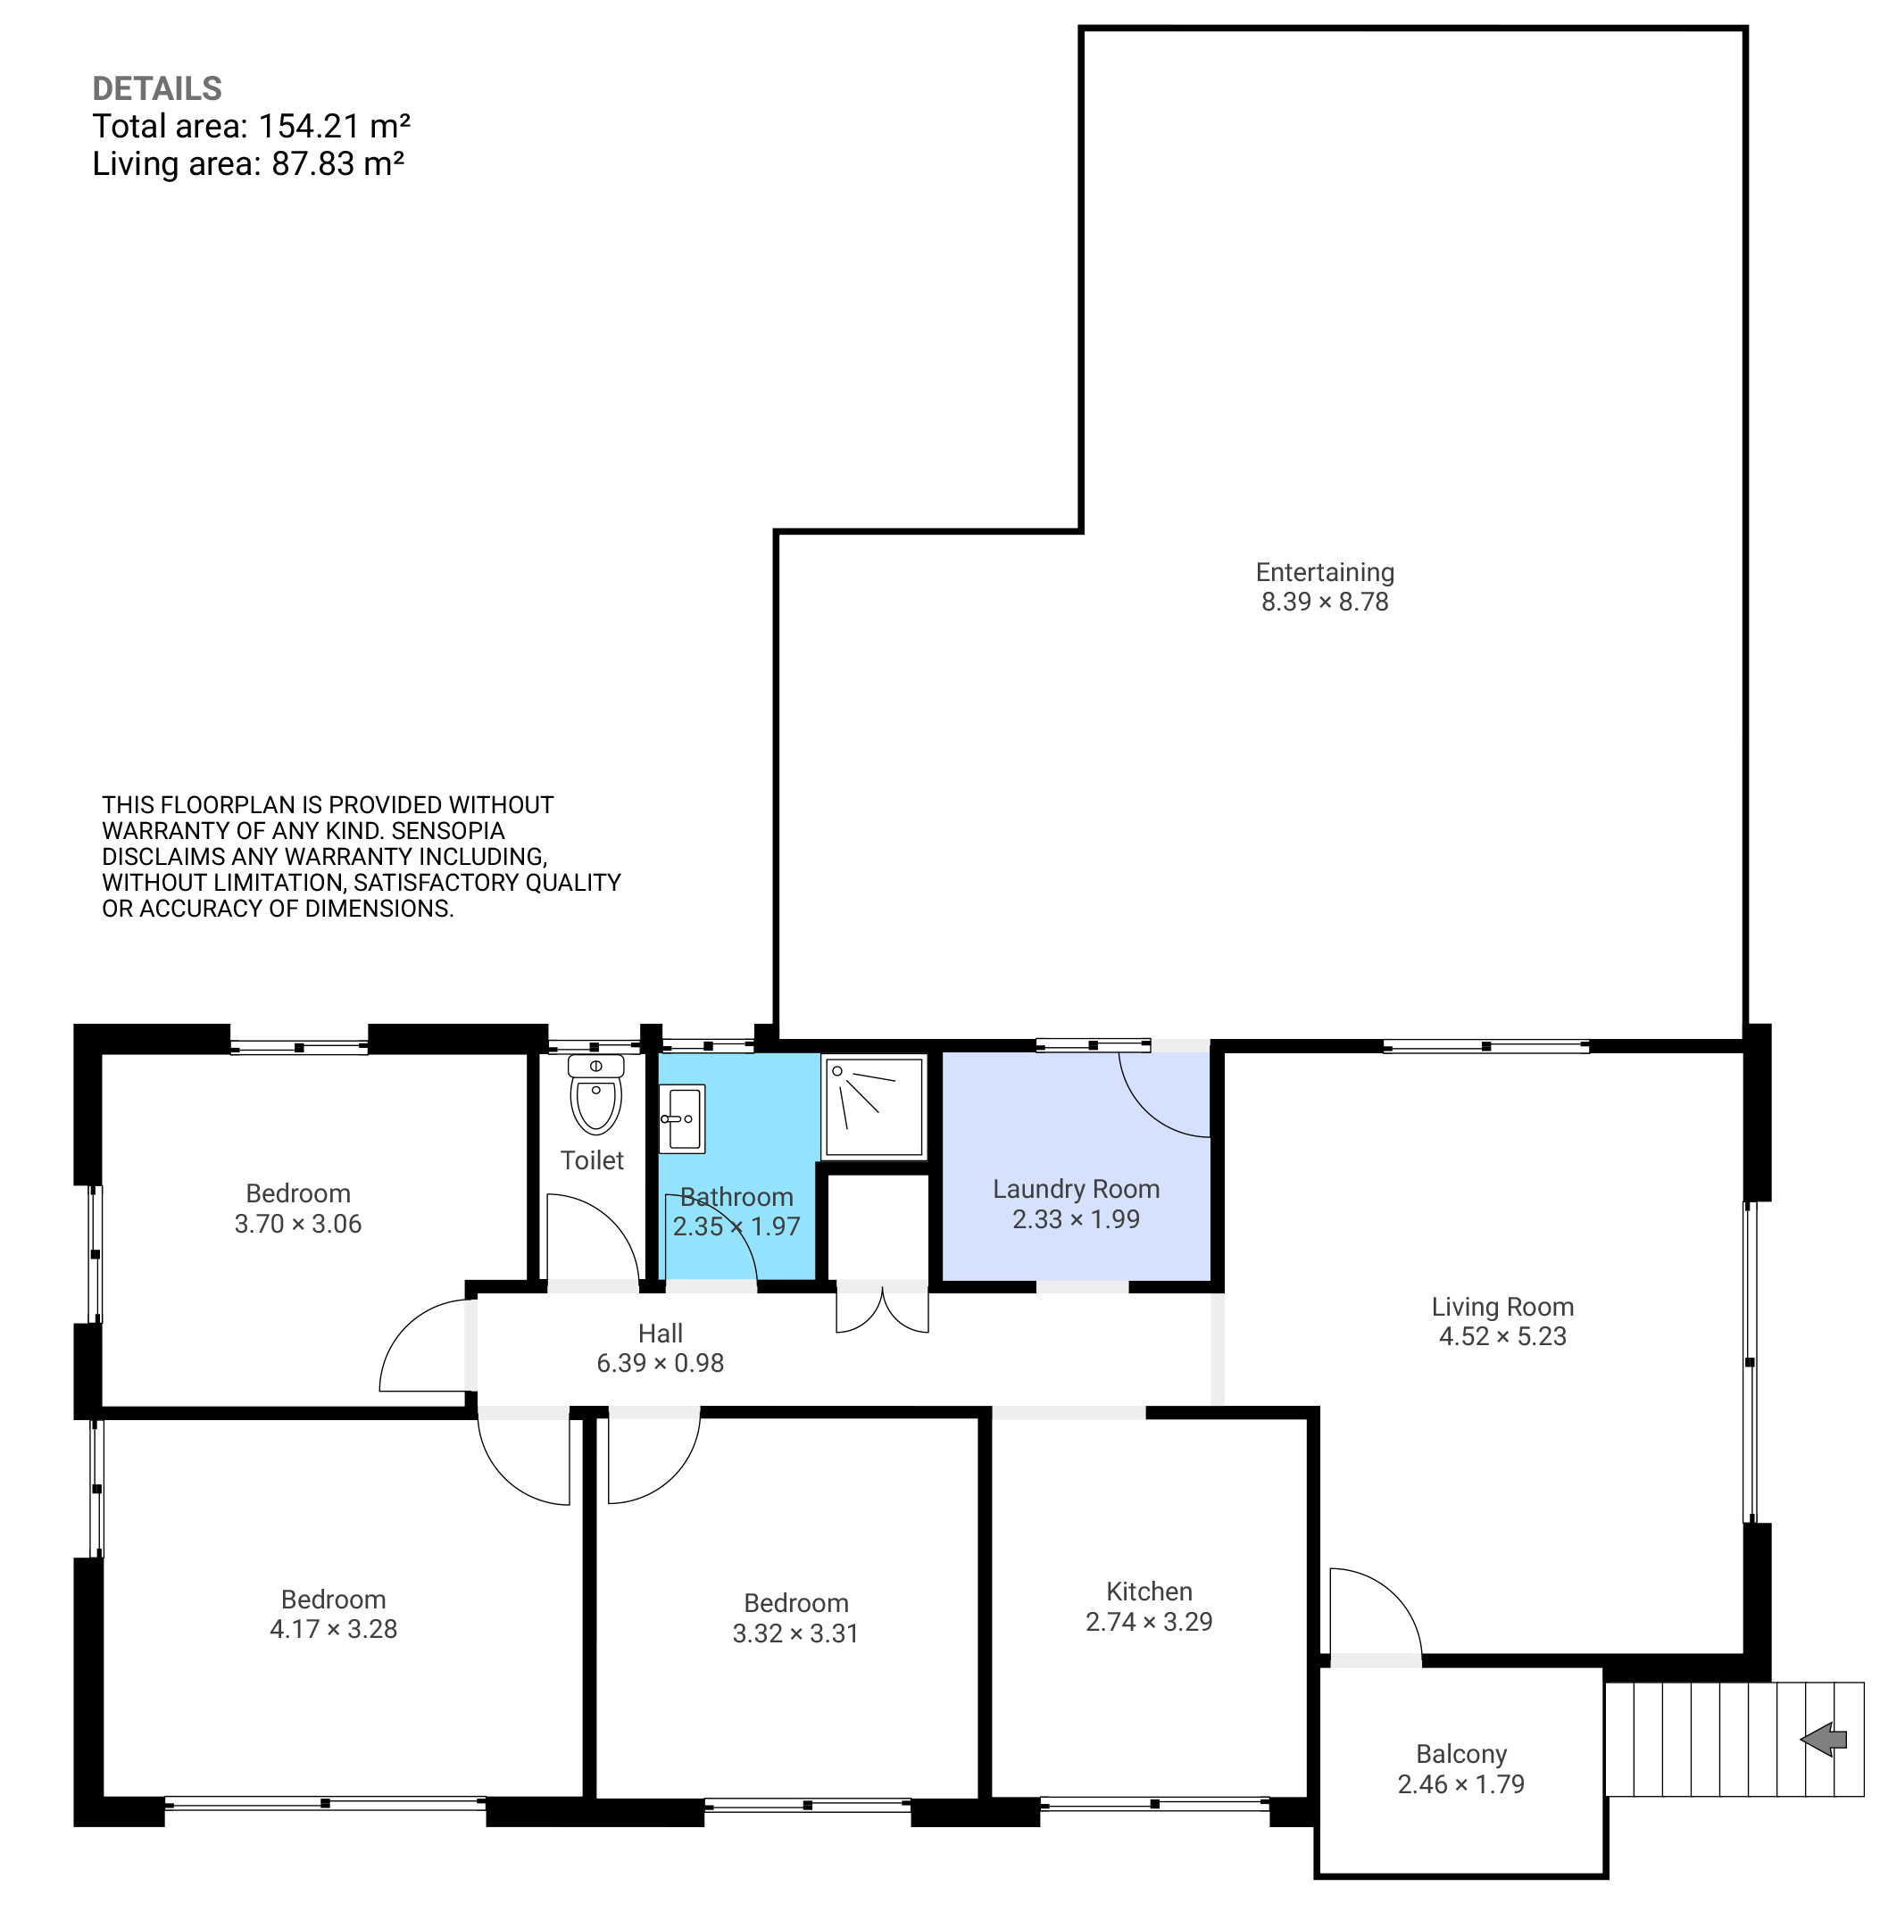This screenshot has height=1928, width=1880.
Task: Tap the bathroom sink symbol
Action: [682, 1118]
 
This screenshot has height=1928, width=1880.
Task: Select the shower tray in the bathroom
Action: [874, 1106]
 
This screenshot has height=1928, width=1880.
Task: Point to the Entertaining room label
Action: [1325, 572]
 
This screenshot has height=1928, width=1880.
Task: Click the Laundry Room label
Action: [1077, 1190]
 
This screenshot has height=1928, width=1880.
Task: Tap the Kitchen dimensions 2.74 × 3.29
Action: [1149, 1622]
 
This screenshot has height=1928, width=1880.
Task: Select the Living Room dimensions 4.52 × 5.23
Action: [1502, 1337]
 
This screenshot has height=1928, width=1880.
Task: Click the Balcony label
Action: [1461, 1754]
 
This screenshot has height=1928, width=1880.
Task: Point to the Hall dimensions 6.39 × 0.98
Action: [661, 1363]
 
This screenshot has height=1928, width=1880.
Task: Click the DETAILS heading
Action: [157, 89]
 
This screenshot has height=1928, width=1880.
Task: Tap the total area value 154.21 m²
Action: [335, 127]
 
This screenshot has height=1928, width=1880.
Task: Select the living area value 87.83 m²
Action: [337, 164]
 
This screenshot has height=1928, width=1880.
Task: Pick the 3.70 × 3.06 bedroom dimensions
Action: [298, 1224]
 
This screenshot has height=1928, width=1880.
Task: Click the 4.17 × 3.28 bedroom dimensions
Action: [334, 1630]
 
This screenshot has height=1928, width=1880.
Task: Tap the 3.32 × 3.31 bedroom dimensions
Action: [796, 1633]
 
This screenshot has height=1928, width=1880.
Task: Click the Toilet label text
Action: [593, 1161]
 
